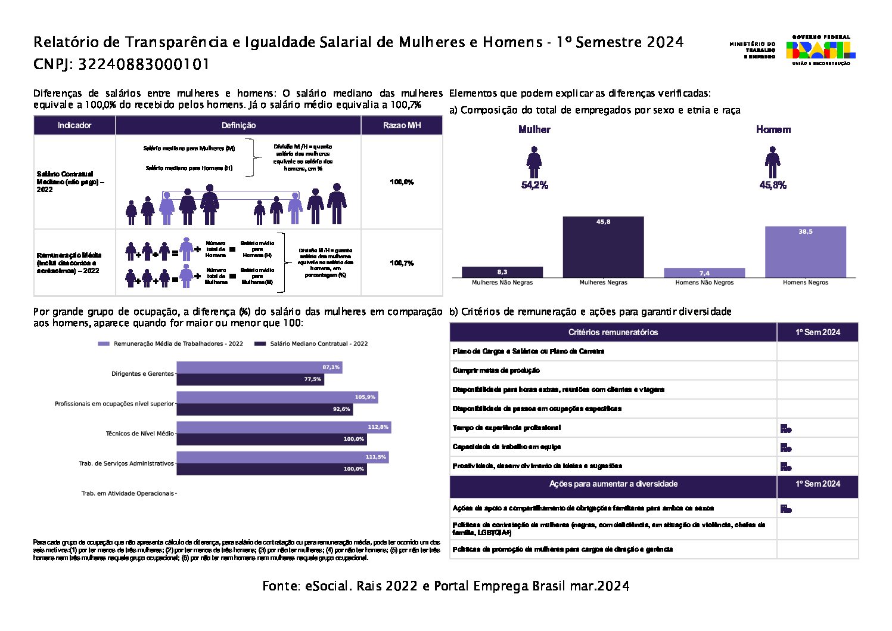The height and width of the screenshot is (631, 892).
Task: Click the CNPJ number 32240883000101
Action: [x=144, y=64]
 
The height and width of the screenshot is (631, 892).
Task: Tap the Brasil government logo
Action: [x=820, y=50]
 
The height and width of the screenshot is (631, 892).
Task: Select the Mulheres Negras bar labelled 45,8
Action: [x=603, y=247]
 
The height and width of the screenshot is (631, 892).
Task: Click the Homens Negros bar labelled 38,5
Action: [x=805, y=252]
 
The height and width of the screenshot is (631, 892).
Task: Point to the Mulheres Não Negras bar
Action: [x=502, y=272]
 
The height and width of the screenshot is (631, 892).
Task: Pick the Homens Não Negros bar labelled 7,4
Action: [x=704, y=273]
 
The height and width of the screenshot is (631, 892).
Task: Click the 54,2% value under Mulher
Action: [x=534, y=185]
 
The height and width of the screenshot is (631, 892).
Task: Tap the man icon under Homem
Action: [x=772, y=162]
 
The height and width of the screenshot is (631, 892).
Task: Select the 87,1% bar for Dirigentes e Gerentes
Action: [x=259, y=367]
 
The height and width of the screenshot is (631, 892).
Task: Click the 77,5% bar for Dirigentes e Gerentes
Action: [x=250, y=379]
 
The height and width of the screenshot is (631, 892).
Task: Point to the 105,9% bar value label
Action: [x=365, y=397]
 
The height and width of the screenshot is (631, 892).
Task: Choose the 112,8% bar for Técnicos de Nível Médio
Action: [x=284, y=427]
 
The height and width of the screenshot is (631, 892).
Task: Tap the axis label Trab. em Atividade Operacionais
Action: [x=128, y=494]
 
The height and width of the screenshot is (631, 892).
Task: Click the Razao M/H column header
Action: [x=402, y=125]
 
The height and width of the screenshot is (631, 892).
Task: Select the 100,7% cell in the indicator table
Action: [x=402, y=263]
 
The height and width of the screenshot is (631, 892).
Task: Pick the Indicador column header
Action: [x=74, y=125]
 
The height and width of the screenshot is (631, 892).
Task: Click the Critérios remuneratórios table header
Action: [x=613, y=332]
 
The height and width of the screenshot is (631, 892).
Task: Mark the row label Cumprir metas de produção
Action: [x=496, y=370]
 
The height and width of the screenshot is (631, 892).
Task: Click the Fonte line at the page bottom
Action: [x=446, y=586]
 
